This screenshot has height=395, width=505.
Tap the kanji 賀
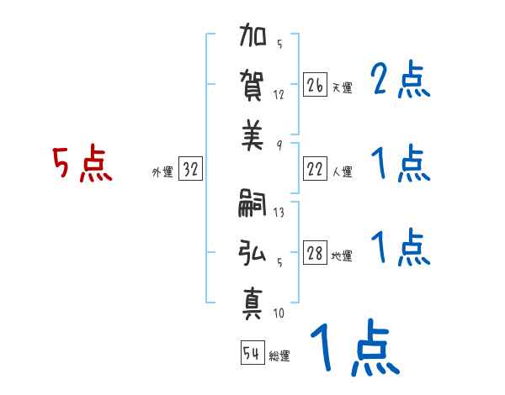(253, 87)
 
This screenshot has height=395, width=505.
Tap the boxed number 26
(315, 85)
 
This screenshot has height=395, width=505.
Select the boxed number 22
(315, 169)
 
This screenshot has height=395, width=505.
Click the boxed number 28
(315, 253)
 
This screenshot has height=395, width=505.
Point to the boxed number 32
(190, 169)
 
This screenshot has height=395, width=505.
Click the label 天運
(342, 88)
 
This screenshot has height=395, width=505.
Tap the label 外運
(162, 172)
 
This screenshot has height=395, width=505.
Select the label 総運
(279, 356)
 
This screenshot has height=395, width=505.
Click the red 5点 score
(82, 166)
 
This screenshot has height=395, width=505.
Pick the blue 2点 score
(400, 82)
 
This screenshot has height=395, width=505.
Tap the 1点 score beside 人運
(400, 163)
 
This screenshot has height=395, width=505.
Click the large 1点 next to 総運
(353, 349)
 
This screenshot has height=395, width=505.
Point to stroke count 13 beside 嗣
(279, 213)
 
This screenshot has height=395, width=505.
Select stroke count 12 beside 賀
(279, 95)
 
